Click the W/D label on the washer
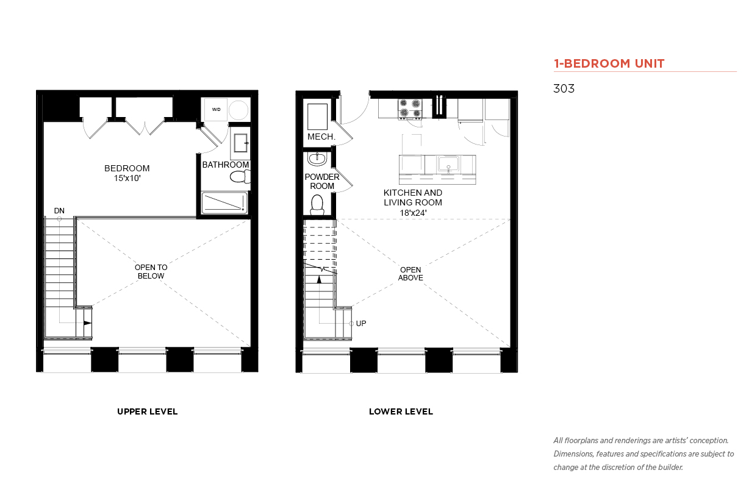click(216, 109)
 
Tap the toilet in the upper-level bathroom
click(240, 177)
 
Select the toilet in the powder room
click(317, 205)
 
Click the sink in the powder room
click(317, 158)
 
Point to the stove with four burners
click(410, 109)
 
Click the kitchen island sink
click(448, 165)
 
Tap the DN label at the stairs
click(59, 210)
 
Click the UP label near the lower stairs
click(361, 323)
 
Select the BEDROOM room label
click(127, 168)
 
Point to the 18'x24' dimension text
click(413, 213)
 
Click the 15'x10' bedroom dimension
click(127, 178)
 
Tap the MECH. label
click(321, 137)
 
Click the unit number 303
click(564, 88)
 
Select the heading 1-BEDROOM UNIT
click(609, 63)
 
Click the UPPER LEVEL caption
click(147, 411)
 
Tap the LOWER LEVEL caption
click(401, 411)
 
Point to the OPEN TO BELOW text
click(151, 271)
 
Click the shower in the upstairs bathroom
click(224, 202)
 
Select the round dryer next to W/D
click(238, 110)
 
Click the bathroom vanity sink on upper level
click(240, 143)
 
